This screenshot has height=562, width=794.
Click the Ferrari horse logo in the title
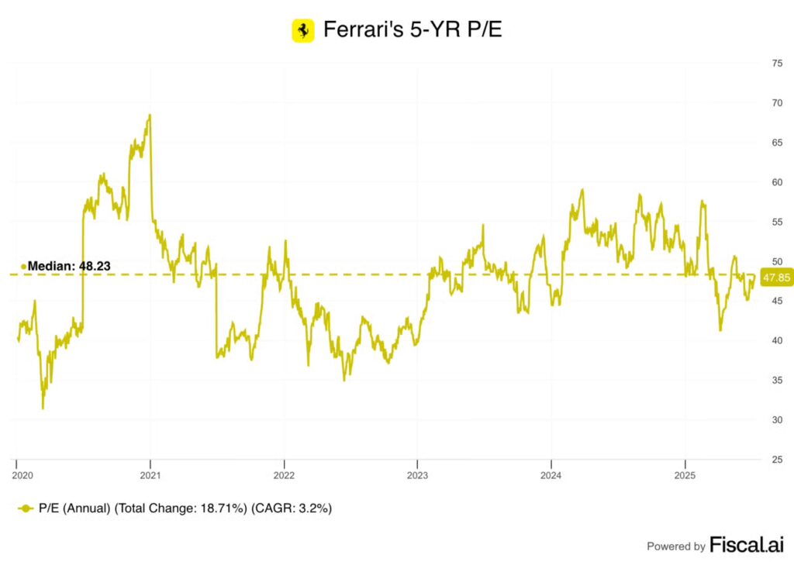302,31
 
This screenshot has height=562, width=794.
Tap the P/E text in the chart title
485,30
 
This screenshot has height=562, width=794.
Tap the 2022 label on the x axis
284,473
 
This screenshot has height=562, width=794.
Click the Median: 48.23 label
69,266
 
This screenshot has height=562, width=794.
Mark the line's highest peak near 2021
150,116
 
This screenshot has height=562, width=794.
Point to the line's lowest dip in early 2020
43,408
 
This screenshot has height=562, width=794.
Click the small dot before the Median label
23,267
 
